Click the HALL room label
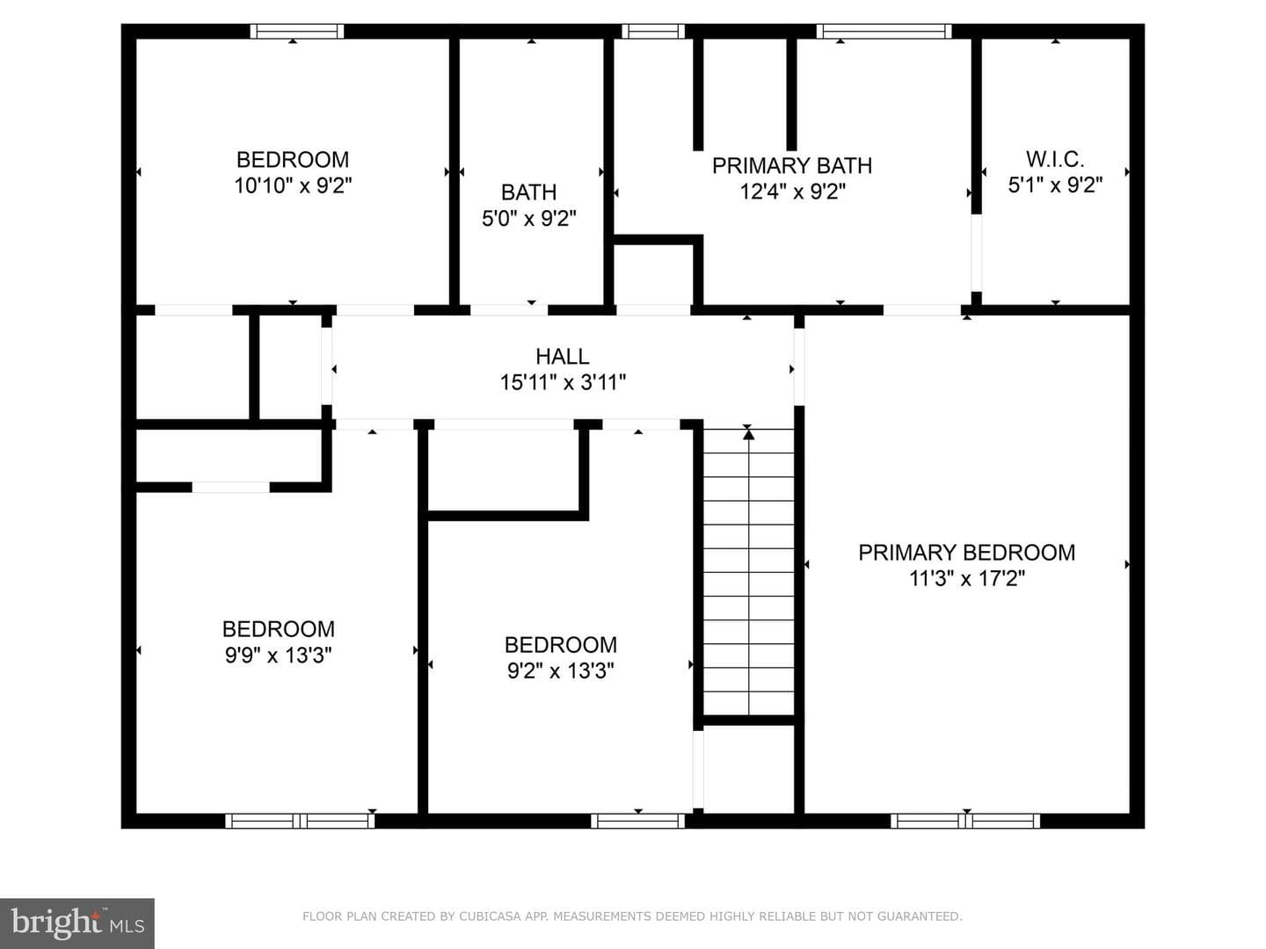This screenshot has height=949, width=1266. tap(563, 357)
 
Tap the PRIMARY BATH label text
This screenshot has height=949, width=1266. tap(792, 166)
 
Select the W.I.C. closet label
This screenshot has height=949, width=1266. tap(1055, 159)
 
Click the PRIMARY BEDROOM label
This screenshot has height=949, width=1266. tap(967, 553)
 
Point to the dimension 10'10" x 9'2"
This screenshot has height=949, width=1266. tap(293, 185)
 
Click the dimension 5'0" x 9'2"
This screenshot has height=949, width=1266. tap(529, 219)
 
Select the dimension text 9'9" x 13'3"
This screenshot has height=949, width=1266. tap(278, 656)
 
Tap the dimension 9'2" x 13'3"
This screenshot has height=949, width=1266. tap(561, 670)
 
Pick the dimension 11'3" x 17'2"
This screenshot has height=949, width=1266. tap(967, 578)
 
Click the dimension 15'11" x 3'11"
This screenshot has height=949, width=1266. tap(563, 382)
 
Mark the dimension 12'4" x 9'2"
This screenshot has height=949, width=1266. tap(792, 192)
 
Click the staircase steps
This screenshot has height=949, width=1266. tap(749, 572)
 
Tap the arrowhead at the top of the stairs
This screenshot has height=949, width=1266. tap(749, 434)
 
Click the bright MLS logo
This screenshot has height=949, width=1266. tap(77, 924)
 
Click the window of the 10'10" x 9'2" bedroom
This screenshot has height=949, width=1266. tap(297, 31)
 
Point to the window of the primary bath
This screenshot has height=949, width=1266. tap(884, 31)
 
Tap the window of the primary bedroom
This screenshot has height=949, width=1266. tap(965, 821)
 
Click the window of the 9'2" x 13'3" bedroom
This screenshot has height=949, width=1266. tap(638, 821)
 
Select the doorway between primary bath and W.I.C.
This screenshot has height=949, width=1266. tap(976, 253)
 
